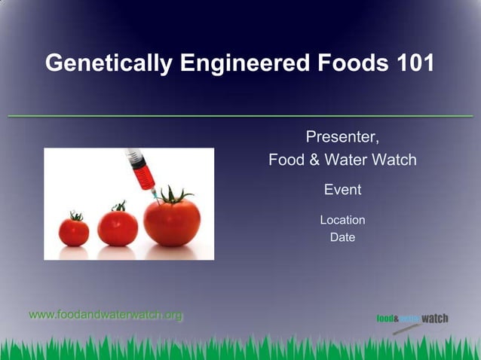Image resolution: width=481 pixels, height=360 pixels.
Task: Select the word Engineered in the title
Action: (243, 63)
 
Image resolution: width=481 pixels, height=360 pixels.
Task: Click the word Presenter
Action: (342, 137)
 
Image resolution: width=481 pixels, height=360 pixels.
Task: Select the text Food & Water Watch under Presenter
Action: (342, 160)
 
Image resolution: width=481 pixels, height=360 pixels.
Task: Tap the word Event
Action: (342, 190)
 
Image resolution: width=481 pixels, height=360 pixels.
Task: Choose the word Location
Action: (342, 220)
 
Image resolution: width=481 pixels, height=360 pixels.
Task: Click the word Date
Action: (342, 237)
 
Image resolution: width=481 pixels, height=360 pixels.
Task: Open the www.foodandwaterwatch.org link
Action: (106, 315)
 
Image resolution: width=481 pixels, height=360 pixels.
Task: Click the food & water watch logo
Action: (412, 319)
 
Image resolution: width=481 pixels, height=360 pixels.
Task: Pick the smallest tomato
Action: (74, 232)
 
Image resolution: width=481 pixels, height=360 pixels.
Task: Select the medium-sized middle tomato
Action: (118, 227)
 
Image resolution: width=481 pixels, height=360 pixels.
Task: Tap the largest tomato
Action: (172, 222)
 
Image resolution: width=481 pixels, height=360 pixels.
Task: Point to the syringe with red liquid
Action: (139, 169)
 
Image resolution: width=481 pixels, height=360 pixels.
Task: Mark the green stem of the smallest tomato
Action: (75, 216)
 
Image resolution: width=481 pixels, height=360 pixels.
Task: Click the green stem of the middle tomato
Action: (118, 206)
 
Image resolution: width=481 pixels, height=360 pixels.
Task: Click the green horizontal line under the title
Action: (240, 116)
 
